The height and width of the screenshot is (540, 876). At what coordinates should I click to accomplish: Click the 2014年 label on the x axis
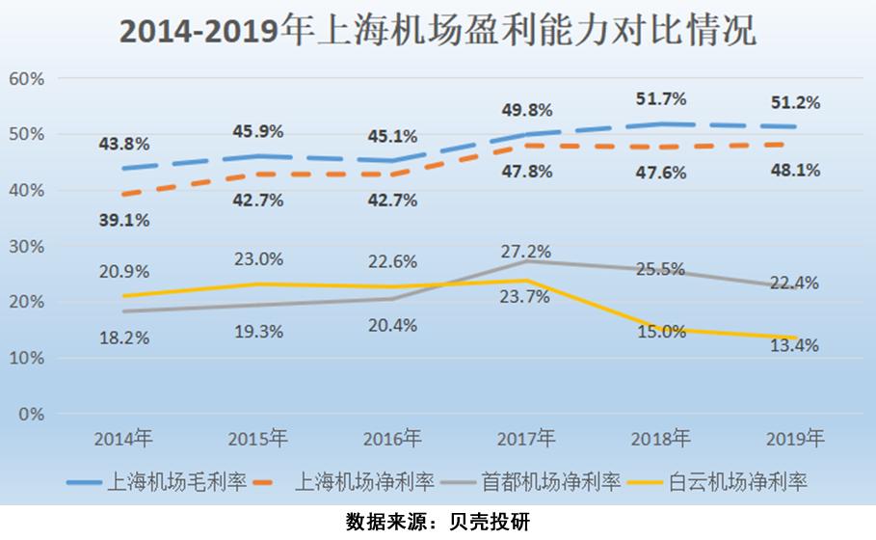tap(122, 439)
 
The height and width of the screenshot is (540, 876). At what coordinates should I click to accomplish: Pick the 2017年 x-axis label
tap(526, 439)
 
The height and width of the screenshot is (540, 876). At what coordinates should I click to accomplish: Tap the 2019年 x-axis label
tap(795, 439)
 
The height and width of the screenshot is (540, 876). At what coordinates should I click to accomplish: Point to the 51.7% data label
tap(660, 98)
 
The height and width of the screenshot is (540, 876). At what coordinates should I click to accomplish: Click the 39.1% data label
tap(123, 221)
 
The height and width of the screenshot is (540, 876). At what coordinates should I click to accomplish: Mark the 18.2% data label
tap(123, 339)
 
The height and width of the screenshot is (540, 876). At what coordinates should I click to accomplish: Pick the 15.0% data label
tap(660, 331)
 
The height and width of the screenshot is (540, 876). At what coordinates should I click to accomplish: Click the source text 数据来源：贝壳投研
tap(438, 522)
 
